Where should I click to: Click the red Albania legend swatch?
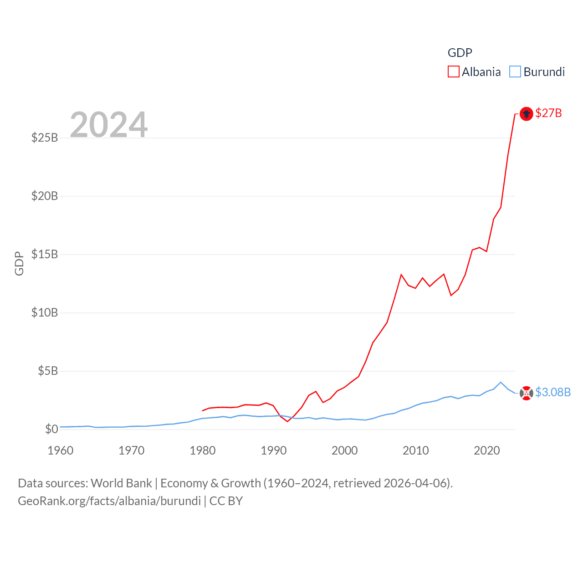coord(454,72)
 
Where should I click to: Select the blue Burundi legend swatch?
coord(515,72)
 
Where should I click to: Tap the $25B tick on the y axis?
coord(45,138)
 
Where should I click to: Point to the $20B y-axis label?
coord(45,196)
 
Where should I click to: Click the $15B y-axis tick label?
coord(45,254)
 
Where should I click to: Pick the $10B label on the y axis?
coord(45,312)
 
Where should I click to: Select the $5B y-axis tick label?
coord(48,371)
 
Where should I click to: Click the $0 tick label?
coord(51,429)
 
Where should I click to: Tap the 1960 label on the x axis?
coord(61,450)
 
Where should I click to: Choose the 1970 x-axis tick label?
coord(132,450)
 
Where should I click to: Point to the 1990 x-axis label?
coord(274,450)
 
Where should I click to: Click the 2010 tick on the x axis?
coord(416,450)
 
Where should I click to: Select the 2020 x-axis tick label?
coord(487,450)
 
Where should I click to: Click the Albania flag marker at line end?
coord(526,113)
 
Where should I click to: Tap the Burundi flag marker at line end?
coord(526,393)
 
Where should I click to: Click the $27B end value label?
coord(548,113)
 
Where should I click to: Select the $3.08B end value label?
coord(553,392)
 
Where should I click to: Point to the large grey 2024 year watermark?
coord(109,124)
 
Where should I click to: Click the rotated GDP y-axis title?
coord(19,263)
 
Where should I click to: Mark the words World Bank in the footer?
coord(121,483)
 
